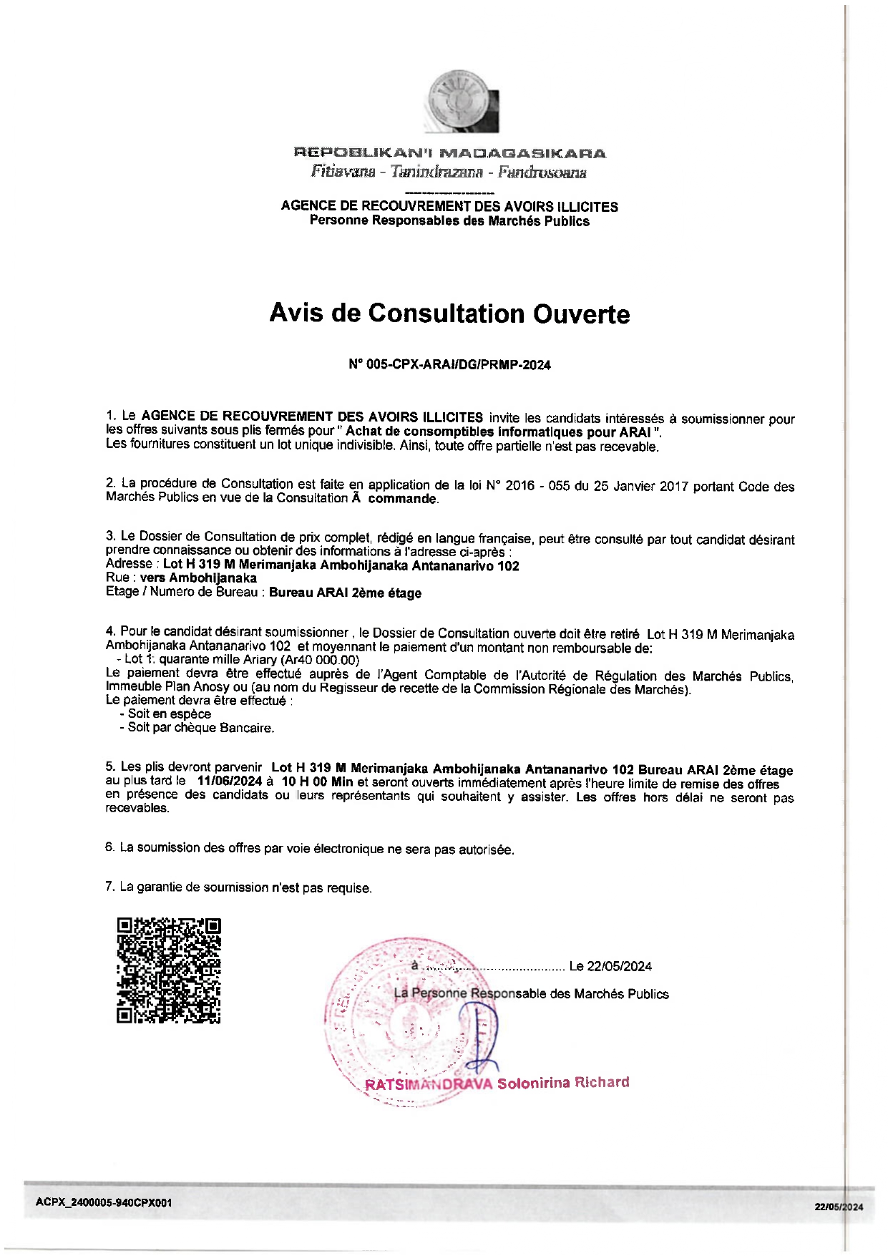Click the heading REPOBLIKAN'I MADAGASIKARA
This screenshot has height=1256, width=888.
click(x=449, y=153)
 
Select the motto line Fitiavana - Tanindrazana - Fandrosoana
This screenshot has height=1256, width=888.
click(x=449, y=172)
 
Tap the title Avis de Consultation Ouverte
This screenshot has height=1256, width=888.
click(x=449, y=313)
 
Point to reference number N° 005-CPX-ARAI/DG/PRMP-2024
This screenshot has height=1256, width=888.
click(x=449, y=365)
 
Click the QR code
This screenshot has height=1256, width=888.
click(x=169, y=970)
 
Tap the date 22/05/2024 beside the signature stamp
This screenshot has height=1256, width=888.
click(x=619, y=967)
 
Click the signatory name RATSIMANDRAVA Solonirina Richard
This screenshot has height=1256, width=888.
click(x=497, y=1084)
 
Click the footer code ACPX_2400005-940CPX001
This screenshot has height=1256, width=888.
click(x=104, y=1203)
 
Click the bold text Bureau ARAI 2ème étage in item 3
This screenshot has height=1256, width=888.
click(x=345, y=593)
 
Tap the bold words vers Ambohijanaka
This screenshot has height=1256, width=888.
click(x=198, y=578)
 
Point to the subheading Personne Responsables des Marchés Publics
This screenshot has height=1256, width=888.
click(x=449, y=221)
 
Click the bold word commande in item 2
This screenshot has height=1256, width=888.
click(x=401, y=499)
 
